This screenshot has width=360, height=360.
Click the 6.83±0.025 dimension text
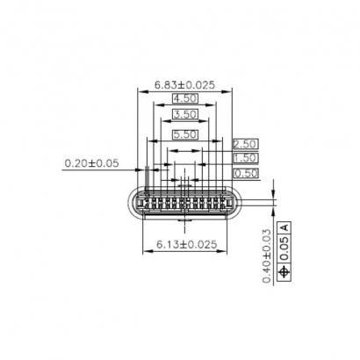pyautogui.click(x=184, y=85)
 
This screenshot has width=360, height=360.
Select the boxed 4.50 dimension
pyautogui.click(x=184, y=99)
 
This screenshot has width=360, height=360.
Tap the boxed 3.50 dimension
pyautogui.click(x=184, y=115)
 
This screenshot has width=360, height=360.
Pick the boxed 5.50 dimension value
pyautogui.click(x=184, y=134)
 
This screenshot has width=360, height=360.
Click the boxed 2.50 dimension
pyautogui.click(x=245, y=143)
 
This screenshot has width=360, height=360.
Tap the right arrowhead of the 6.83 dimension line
pyautogui.click(x=229, y=90)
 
